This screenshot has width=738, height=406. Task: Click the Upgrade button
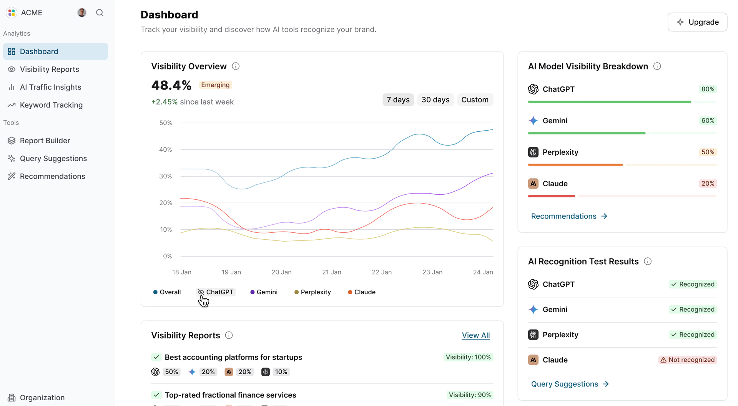[x=697, y=22]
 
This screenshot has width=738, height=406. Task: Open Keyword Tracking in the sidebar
[x=51, y=105]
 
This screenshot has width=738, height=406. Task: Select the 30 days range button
[x=435, y=100]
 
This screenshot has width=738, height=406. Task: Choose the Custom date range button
[x=475, y=100]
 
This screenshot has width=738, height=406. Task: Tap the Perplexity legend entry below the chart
[x=312, y=292]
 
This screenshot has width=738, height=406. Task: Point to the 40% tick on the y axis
[x=166, y=149]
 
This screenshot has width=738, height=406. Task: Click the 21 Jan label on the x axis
[x=331, y=272]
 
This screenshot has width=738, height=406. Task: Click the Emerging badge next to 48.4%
[x=215, y=85]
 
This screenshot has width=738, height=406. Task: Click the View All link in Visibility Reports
[x=475, y=335]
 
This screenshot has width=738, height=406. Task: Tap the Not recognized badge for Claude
[x=687, y=360]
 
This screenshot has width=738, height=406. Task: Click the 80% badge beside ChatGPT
[x=708, y=89]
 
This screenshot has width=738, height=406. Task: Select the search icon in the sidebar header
[x=100, y=13]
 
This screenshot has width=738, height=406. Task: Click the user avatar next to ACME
[x=81, y=13]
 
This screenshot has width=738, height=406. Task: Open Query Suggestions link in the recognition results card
[x=570, y=384]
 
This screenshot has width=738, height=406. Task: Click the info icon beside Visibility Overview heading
[x=236, y=66]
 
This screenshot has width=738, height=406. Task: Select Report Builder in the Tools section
[x=45, y=141]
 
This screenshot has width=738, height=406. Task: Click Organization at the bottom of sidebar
[x=42, y=398]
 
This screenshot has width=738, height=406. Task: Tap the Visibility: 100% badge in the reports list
[x=468, y=357]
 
